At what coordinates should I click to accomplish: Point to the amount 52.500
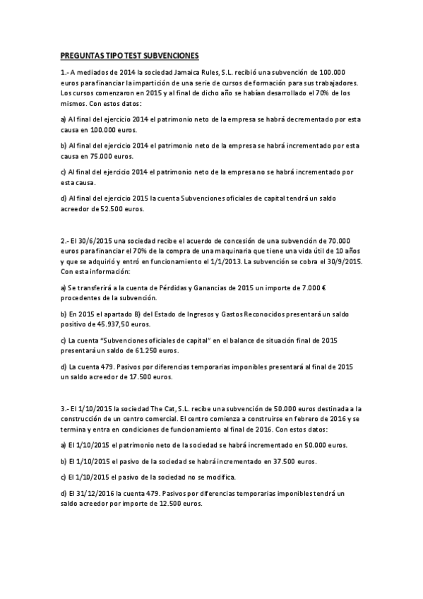tap(127, 209)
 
